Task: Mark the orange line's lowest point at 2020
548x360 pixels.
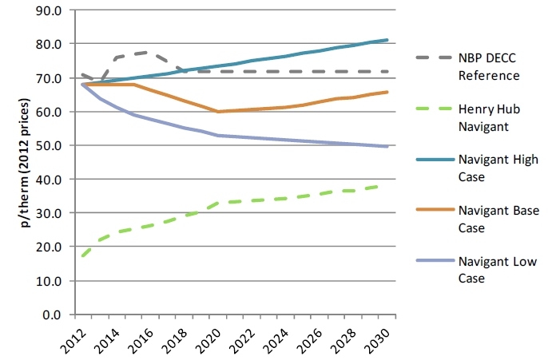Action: pyautogui.click(x=218, y=112)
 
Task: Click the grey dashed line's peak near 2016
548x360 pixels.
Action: pyautogui.click(x=142, y=53)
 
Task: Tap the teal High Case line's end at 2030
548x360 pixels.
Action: pyautogui.click(x=387, y=40)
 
